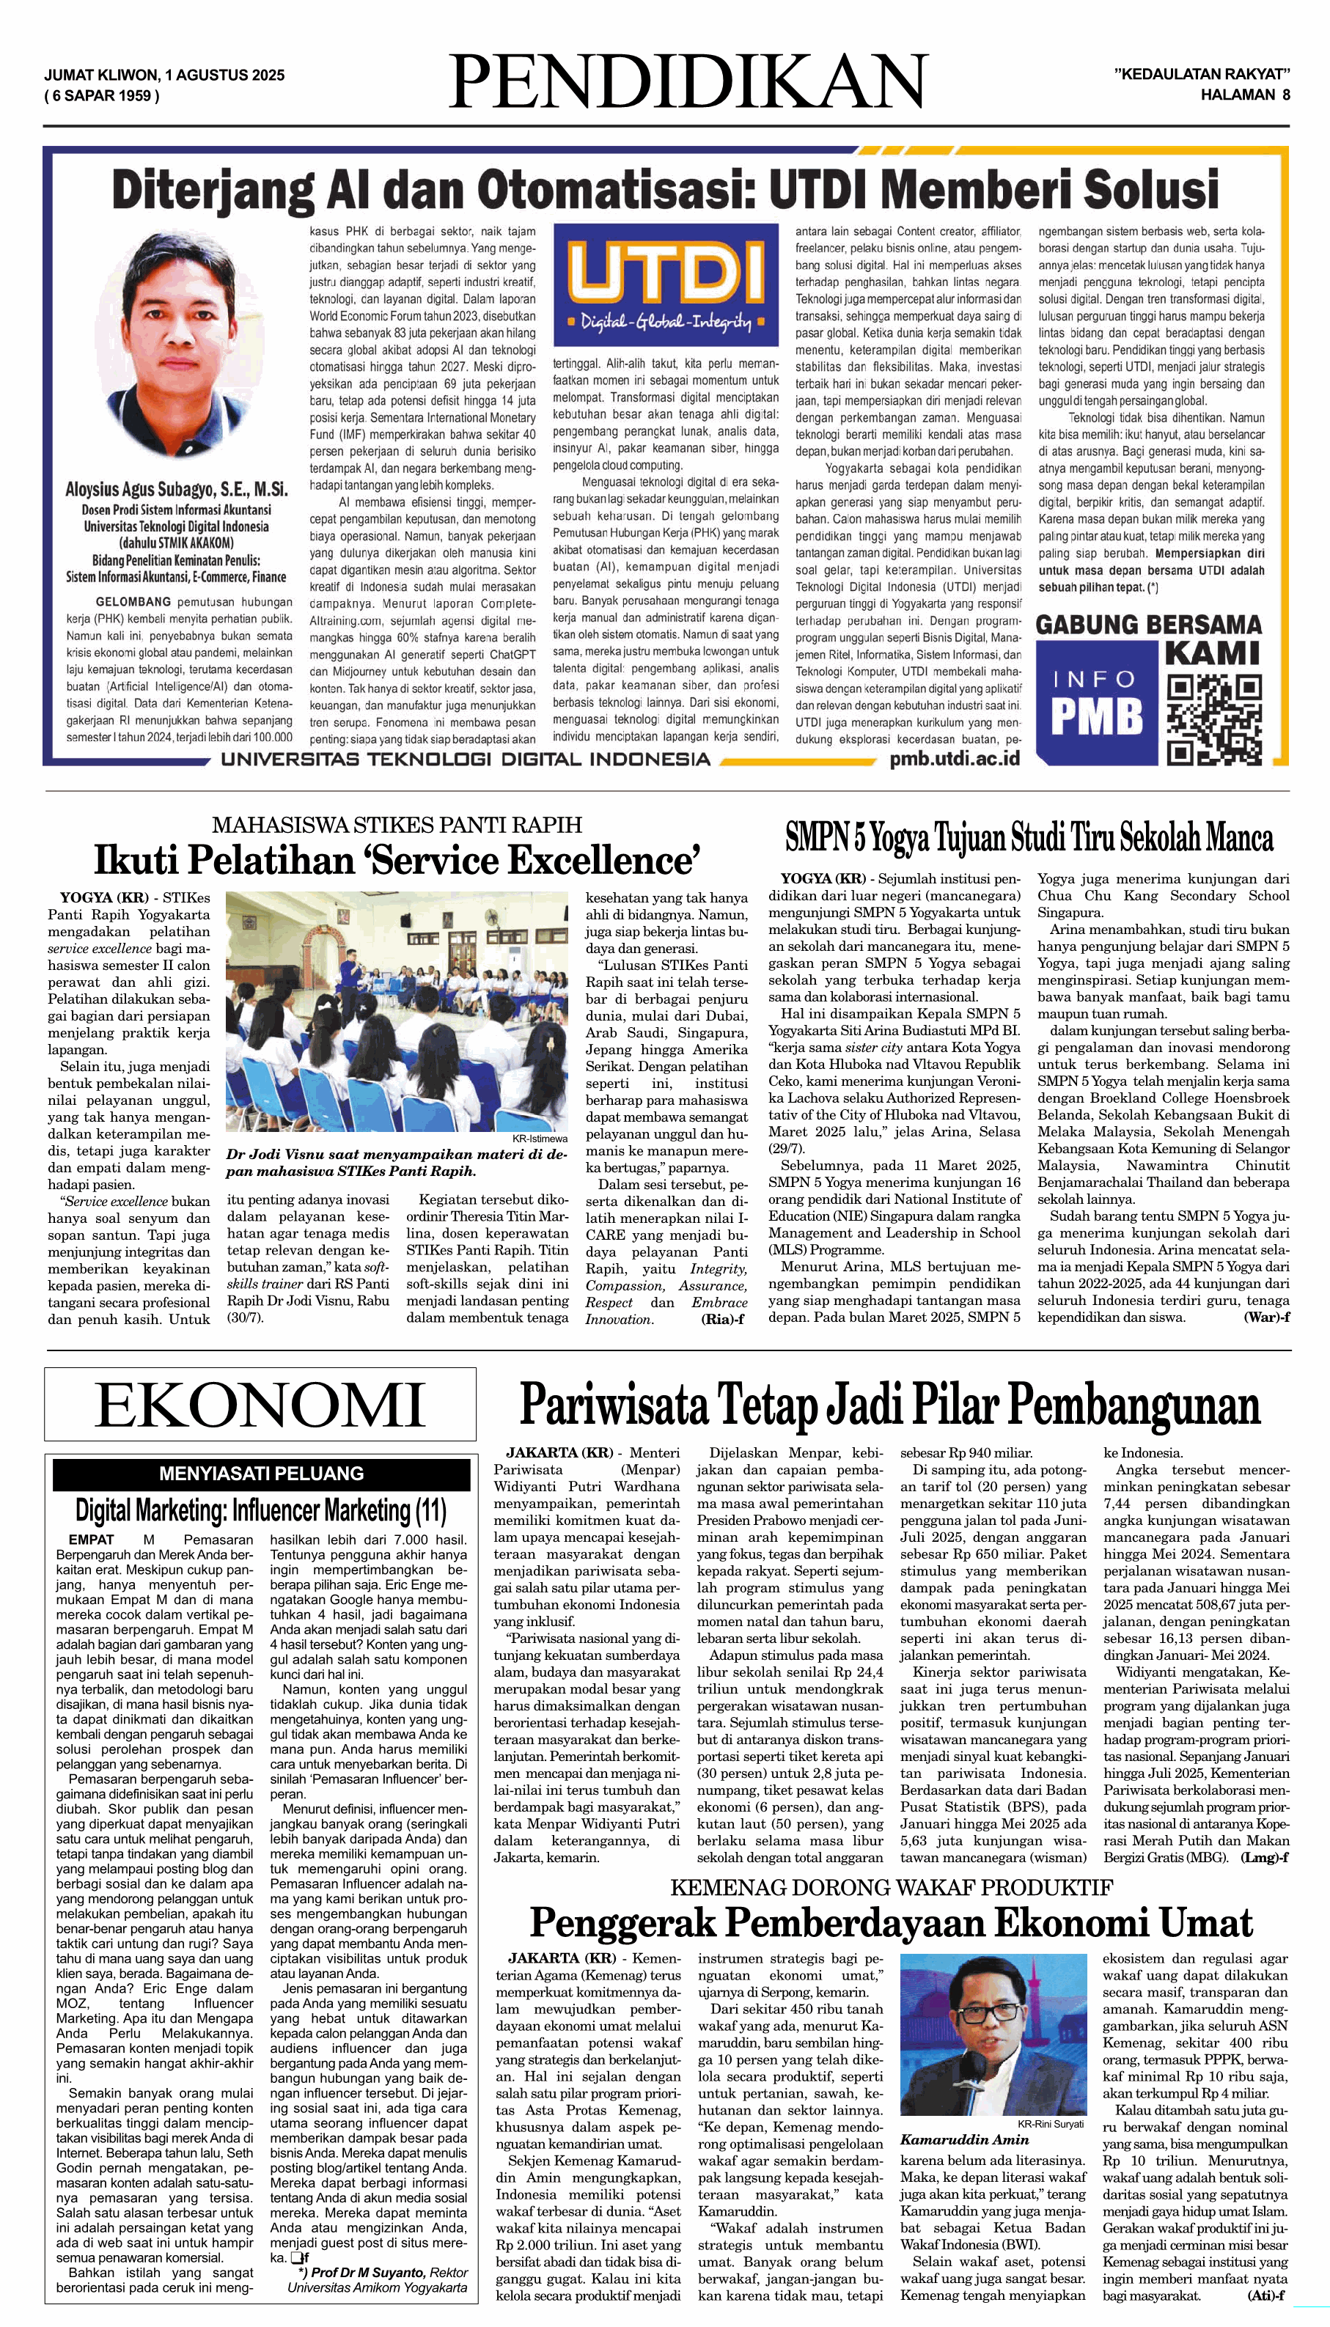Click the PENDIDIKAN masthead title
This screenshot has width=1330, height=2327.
(688, 82)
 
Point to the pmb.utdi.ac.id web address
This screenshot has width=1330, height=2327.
(955, 758)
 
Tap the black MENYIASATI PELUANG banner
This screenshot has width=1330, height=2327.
(260, 1473)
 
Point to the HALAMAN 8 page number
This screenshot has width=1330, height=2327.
(1244, 94)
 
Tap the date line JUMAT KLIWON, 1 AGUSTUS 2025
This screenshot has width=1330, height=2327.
(164, 75)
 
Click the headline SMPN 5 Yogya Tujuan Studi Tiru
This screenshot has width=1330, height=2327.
(1029, 837)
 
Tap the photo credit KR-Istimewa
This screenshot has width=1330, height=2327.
(539, 1138)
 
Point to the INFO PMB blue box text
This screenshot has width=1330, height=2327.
(1095, 704)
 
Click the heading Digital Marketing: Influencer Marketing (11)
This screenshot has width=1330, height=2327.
(260, 1512)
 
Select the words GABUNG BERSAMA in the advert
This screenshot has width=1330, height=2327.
(1147, 625)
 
